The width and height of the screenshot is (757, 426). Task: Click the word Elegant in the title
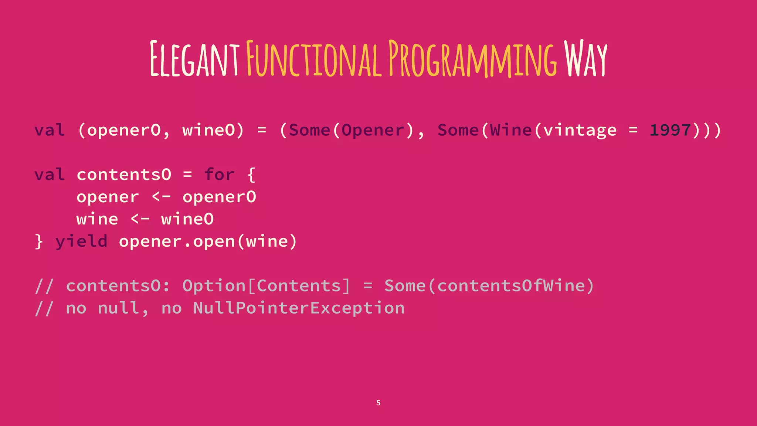point(194,59)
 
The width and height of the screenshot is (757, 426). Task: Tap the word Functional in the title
point(313,59)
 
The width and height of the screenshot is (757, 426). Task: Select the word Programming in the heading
point(472,59)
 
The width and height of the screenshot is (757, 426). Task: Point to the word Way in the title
point(585,59)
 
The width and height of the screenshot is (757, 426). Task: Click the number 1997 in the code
point(670,130)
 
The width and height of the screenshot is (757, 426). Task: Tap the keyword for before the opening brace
point(219,175)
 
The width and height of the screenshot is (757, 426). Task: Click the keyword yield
point(82,242)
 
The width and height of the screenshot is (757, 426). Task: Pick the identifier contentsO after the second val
point(124,175)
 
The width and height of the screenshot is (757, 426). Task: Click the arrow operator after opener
point(161,197)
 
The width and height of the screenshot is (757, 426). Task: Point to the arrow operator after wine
point(140,219)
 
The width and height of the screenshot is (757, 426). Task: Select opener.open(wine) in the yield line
point(208,242)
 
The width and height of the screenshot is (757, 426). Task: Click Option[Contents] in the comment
point(266,286)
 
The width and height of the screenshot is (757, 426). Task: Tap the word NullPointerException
point(299,308)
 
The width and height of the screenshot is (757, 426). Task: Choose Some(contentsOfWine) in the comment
point(489,286)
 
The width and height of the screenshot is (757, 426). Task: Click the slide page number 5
point(378,403)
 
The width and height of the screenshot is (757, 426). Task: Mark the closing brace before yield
point(39,242)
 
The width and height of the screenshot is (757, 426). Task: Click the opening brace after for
point(251,175)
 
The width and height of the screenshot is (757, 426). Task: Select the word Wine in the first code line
point(511,130)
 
